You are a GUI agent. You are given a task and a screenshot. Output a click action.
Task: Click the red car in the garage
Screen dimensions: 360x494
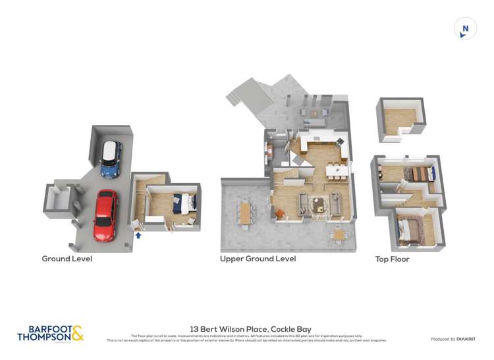(105, 215)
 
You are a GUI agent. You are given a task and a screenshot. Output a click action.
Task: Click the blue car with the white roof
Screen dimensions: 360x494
(111, 159)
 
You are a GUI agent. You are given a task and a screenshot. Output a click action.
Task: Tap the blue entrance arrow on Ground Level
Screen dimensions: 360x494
(138, 234)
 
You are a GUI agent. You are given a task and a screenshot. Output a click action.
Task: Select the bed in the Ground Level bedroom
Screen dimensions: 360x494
(184, 204)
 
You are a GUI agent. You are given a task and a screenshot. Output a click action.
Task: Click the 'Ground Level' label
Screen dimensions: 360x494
(67, 259)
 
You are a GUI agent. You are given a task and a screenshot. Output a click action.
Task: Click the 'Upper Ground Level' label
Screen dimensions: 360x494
(258, 259)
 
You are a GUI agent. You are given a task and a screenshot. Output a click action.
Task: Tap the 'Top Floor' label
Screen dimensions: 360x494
(393, 259)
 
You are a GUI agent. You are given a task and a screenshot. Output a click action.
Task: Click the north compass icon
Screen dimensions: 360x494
(465, 28)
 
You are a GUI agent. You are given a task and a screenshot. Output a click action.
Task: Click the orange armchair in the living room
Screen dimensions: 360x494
(279, 213)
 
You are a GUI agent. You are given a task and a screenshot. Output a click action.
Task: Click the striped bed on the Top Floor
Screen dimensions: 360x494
(419, 174)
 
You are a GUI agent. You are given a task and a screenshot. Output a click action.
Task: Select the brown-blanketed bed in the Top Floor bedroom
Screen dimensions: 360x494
(410, 230)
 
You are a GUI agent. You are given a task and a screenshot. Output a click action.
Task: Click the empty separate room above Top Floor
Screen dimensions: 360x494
(400, 118)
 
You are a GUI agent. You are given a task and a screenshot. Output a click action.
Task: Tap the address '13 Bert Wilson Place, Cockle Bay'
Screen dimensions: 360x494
(250, 329)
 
